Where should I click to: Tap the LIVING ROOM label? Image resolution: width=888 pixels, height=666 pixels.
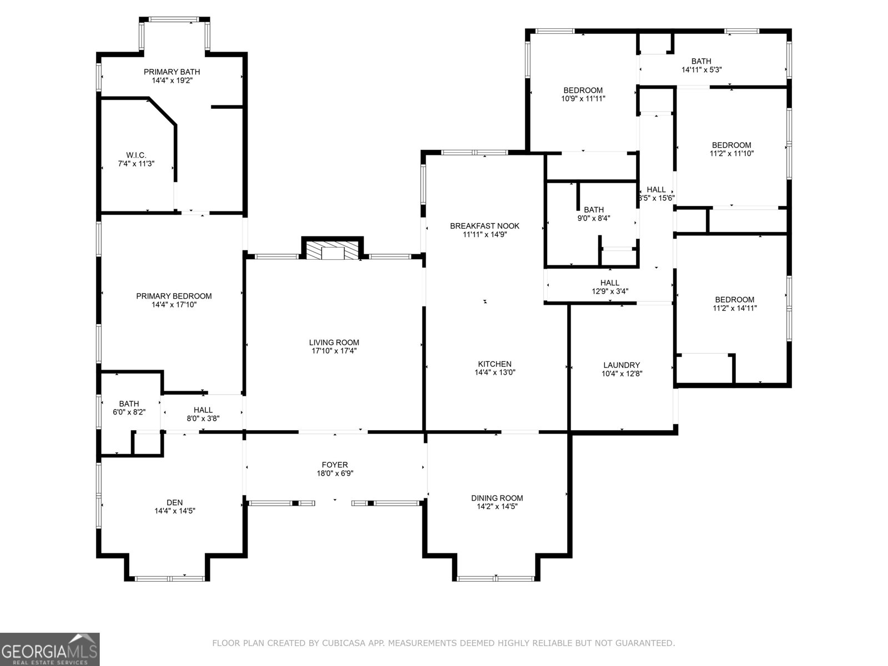click(334, 342)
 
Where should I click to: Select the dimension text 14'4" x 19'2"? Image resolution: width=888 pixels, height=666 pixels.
click(172, 80)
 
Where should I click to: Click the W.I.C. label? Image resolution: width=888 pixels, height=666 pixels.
click(136, 155)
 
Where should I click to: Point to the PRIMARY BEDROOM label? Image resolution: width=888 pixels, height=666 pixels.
click(174, 296)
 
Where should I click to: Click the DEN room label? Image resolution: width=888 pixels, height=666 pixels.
click(175, 502)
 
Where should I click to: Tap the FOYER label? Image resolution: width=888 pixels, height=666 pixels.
click(335, 465)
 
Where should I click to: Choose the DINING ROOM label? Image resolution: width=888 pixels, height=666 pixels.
click(497, 498)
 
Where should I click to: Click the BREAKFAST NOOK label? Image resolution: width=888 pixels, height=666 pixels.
click(485, 226)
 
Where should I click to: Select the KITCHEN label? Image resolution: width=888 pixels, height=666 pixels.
click(495, 364)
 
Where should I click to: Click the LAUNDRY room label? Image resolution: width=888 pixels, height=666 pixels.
click(622, 365)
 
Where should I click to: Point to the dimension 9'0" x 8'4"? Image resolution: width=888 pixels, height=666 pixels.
click(594, 218)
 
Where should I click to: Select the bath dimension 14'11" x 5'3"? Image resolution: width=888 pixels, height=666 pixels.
click(702, 70)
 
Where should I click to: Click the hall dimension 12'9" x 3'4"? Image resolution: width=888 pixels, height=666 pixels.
click(609, 291)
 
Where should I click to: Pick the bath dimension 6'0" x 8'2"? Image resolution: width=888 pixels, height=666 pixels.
click(129, 412)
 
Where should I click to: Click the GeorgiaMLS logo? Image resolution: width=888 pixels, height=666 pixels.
click(49, 649)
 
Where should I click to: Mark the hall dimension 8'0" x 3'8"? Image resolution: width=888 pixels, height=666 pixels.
click(203, 418)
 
